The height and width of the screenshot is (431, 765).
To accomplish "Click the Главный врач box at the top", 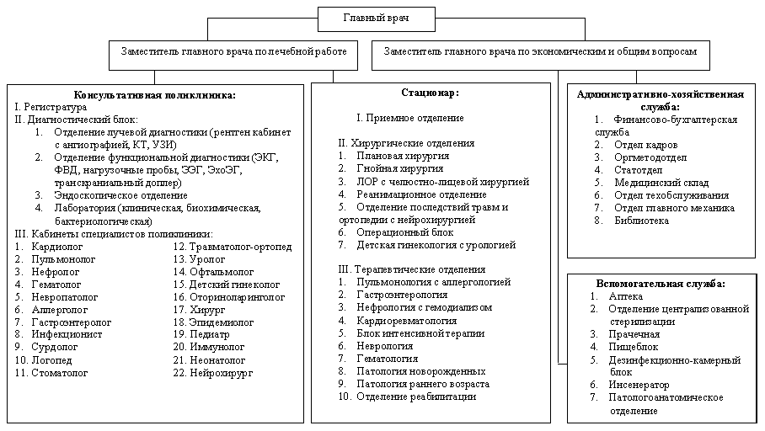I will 377,17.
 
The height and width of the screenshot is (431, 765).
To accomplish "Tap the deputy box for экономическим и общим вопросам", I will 540,53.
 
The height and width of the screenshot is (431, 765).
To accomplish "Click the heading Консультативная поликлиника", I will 155,96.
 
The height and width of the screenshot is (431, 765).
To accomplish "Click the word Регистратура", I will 56,109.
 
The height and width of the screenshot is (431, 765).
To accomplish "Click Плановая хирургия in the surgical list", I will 403,157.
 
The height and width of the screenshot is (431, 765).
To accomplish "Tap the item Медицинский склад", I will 661,183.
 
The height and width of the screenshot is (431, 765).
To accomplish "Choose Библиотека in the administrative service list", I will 642,221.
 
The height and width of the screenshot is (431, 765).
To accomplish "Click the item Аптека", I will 625,296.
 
